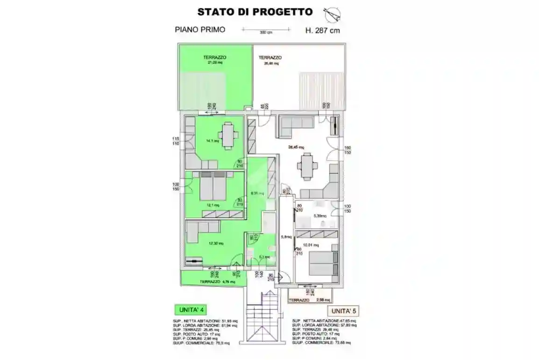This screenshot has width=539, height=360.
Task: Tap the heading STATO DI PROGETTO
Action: coord(255,12)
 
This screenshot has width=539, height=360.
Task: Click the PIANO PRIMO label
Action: coord(200,29)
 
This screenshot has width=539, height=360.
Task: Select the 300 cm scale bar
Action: coord(266,30)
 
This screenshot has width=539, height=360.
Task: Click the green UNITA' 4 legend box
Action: coord(190,309)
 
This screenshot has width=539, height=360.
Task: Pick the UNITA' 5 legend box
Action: coord(346,311)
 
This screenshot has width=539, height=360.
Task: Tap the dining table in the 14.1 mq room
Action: coord(228,135)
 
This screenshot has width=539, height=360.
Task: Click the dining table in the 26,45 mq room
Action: coord(306,167)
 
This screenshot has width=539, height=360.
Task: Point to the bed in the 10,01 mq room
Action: coord(322,262)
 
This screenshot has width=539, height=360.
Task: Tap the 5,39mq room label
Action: coord(319,216)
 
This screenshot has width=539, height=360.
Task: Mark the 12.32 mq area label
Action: coord(216,243)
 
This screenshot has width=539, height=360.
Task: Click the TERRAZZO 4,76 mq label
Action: coord(217,282)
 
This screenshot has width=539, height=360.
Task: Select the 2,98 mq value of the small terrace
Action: coord(323,300)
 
